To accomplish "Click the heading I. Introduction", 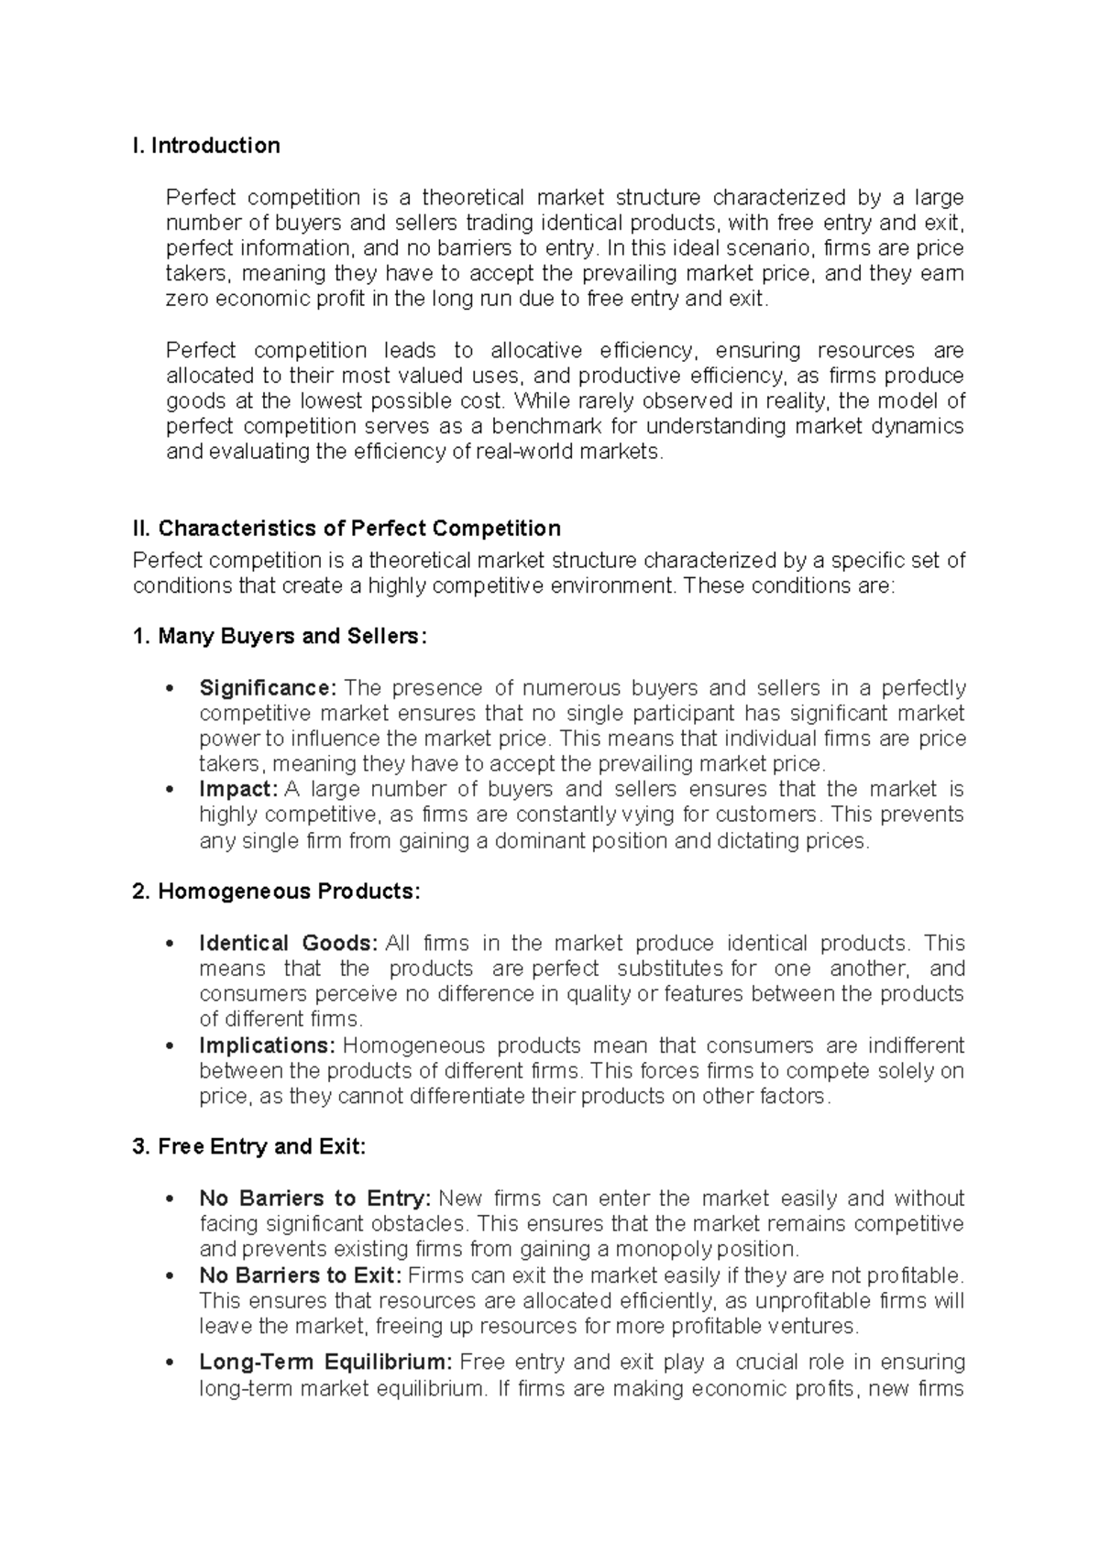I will (206, 146).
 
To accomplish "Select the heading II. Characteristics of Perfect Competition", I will (346, 529).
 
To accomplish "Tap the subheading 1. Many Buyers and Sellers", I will (280, 636).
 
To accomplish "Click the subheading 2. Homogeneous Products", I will (276, 892).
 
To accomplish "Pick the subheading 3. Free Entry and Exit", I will (249, 1147).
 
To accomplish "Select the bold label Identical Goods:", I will (288, 944).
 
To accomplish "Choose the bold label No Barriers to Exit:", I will (301, 1275).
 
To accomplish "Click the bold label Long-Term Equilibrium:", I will (325, 1362).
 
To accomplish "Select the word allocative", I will (536, 351).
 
